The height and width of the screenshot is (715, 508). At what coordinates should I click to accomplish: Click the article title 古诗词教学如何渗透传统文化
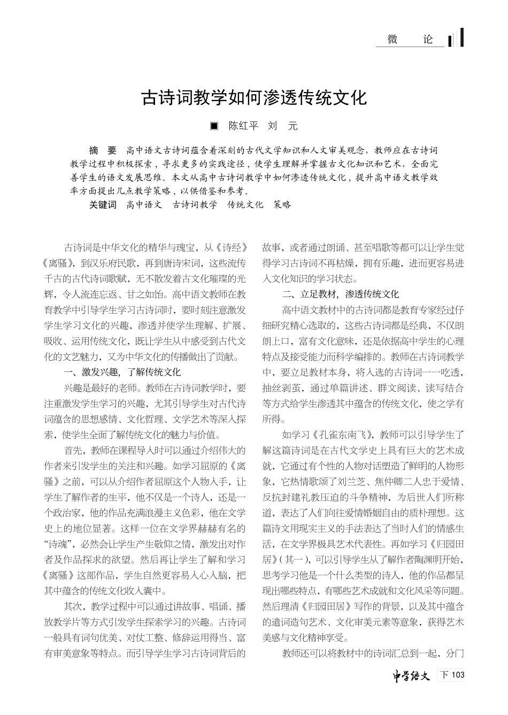(254, 97)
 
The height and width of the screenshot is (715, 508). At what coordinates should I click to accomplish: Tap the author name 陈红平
(243, 126)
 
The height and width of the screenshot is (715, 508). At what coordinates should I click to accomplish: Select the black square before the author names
(214, 126)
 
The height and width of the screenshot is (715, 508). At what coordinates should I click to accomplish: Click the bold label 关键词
(102, 204)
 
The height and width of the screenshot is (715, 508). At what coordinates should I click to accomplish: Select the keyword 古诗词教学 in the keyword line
(195, 204)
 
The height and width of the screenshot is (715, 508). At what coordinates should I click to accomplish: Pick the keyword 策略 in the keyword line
(282, 204)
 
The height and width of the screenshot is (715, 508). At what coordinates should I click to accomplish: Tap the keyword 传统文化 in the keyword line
(245, 204)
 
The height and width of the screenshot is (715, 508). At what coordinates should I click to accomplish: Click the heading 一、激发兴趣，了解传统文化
(122, 372)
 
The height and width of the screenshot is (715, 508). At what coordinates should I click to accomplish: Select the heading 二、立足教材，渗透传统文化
(341, 294)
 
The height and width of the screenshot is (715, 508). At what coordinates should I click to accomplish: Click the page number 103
(458, 675)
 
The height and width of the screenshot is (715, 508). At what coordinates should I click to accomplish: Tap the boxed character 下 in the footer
(444, 675)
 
